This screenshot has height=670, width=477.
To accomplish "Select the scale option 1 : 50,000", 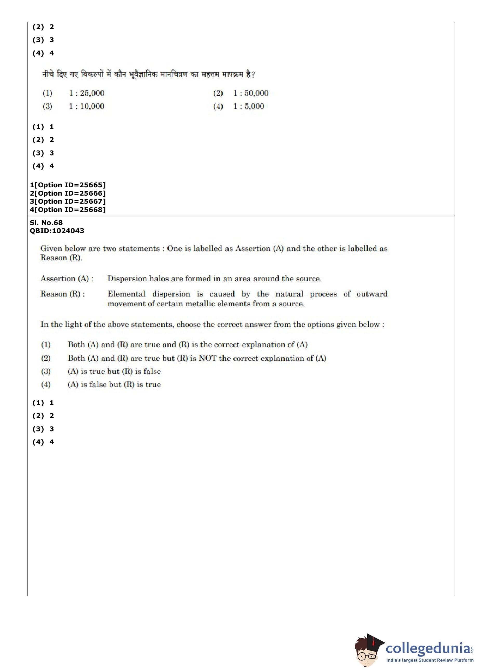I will tap(250, 93).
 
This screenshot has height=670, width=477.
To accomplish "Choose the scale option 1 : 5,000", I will tap(248, 106).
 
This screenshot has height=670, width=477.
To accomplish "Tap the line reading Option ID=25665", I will tap(68, 185).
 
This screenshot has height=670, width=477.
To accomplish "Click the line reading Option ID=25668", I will tap(68, 210).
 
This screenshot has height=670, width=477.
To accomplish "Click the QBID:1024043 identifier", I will tap(57, 231).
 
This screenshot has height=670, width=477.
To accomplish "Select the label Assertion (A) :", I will tap(67, 278).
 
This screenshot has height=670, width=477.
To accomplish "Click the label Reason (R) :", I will tap(63, 294).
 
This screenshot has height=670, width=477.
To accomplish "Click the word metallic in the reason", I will tap(200, 304).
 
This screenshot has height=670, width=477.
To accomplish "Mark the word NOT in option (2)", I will tap(207, 358).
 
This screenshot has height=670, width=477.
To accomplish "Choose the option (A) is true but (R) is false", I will tap(114, 371).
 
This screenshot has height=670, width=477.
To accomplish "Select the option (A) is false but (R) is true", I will tap(114, 384).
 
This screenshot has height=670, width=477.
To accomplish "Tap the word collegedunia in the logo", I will tap(427, 648).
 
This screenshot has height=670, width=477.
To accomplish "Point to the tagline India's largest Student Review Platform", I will tap(429, 660).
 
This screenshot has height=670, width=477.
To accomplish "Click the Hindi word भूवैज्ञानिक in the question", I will tap(143, 75).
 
